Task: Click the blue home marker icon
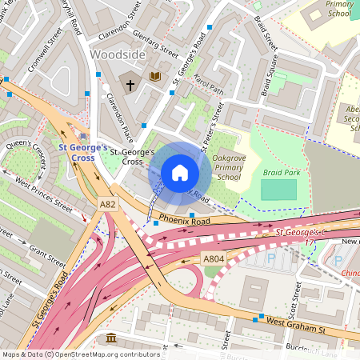(180, 172)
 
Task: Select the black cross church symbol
(130, 83)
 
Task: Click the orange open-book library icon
(155, 77)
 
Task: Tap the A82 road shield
(109, 206)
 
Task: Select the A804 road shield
(213, 259)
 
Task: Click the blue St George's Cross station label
(82, 152)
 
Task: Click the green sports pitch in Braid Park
(278, 190)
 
